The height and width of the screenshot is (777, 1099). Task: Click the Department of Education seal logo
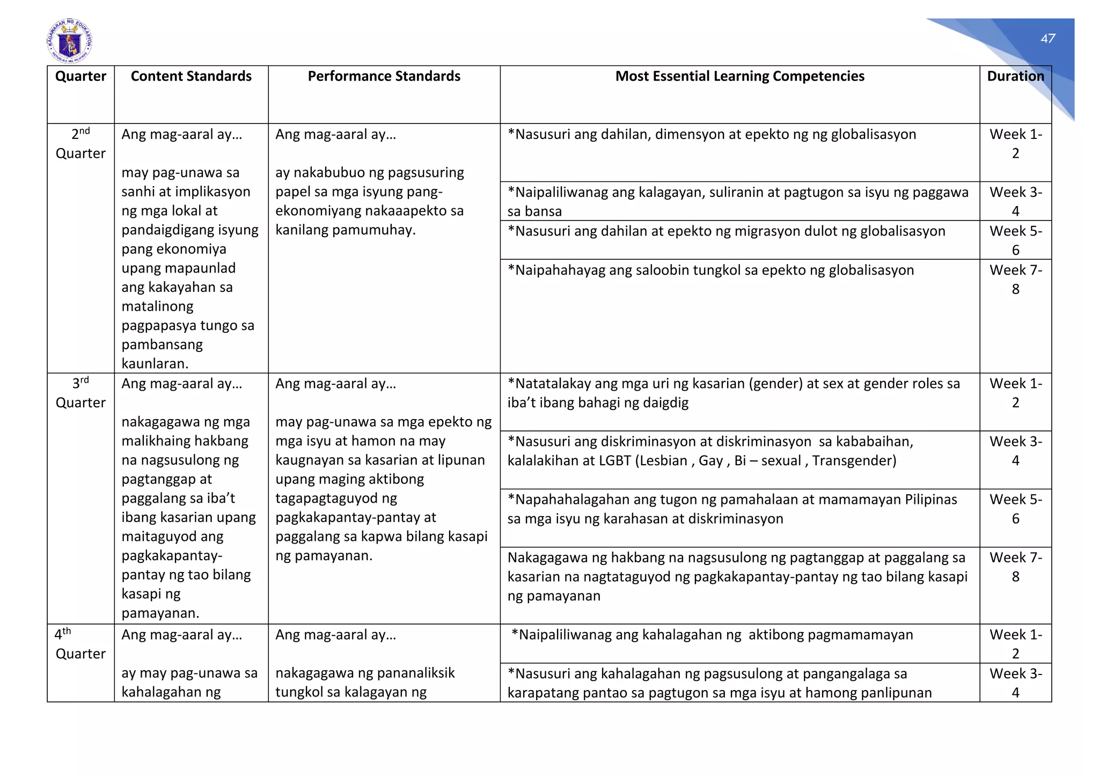pyautogui.click(x=69, y=41)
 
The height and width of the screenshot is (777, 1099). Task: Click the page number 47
pyautogui.click(x=1047, y=39)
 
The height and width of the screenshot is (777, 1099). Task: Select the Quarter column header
pyautogui.click(x=80, y=76)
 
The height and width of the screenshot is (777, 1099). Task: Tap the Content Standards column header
pyautogui.click(x=191, y=76)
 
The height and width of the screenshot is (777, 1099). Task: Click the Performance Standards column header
pyautogui.click(x=384, y=76)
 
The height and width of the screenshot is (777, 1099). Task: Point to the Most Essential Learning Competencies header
pyautogui.click(x=739, y=76)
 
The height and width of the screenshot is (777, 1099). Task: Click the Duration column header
pyautogui.click(x=1015, y=76)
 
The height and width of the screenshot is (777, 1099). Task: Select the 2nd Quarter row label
pyautogui.click(x=80, y=144)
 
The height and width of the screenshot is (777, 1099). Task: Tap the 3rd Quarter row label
pyautogui.click(x=80, y=393)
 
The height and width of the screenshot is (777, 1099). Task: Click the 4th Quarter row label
pyautogui.click(x=80, y=644)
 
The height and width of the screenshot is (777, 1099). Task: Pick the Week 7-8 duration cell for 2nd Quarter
pyautogui.click(x=1015, y=279)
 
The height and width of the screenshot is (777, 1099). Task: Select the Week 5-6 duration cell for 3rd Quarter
pyautogui.click(x=1015, y=509)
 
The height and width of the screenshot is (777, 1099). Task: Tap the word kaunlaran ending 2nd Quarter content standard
pyautogui.click(x=155, y=364)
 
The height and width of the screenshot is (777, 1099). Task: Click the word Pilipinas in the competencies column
pyautogui.click(x=931, y=500)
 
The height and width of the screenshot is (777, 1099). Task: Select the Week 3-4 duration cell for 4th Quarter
pyautogui.click(x=1015, y=683)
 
